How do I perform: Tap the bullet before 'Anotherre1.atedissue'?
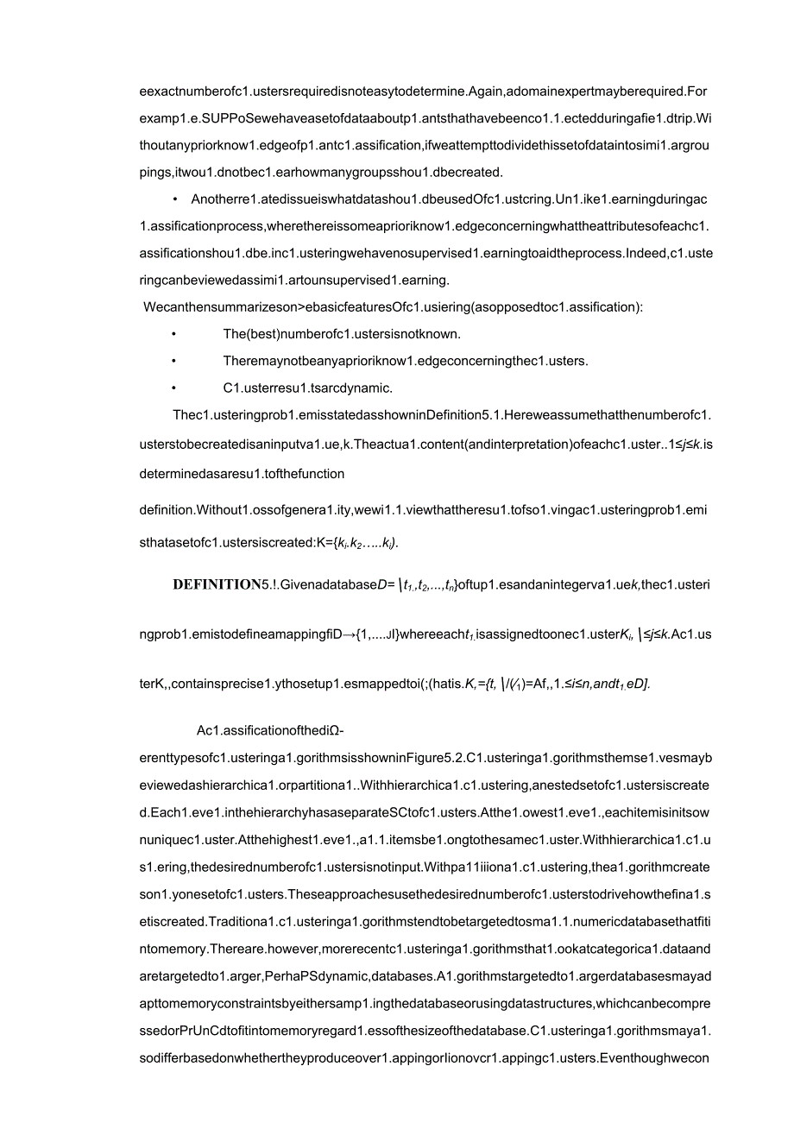pyautogui.click(x=175, y=199)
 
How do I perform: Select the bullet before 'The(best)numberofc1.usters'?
pyautogui.click(x=175, y=333)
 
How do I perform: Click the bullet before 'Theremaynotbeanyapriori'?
pyautogui.click(x=175, y=361)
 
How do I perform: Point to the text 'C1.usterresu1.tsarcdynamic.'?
pyautogui.click(x=307, y=388)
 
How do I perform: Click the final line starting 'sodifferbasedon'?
pyautogui.click(x=423, y=1057)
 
